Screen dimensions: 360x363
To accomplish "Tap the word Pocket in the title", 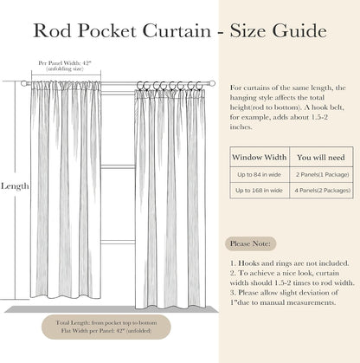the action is [x=106, y=30].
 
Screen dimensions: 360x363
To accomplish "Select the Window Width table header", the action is [x=260, y=158].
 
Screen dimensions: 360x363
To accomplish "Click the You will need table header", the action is [x=321, y=158].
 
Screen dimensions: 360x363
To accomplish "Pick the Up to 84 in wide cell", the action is [x=259, y=174].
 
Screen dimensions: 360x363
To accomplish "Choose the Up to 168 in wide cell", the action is [x=259, y=191].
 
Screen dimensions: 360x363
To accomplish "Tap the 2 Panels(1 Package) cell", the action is [x=322, y=174].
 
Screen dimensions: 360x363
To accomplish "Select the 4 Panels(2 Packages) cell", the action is [x=322, y=191].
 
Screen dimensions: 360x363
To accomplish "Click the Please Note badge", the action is [x=250, y=243].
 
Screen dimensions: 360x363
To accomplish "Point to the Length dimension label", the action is [x=15, y=186].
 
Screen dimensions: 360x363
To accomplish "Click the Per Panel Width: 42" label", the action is [x=65, y=62].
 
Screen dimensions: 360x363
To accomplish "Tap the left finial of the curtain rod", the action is [x=23, y=83].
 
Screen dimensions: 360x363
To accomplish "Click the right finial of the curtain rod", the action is [x=212, y=83].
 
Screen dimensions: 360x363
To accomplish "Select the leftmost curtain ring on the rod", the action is [x=140, y=86].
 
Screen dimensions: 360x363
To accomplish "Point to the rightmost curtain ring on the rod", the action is [x=199, y=86].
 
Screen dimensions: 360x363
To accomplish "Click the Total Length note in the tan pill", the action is [x=106, y=323].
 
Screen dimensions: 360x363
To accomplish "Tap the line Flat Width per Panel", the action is [x=106, y=331].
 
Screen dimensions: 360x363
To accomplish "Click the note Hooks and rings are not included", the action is [x=289, y=263].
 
